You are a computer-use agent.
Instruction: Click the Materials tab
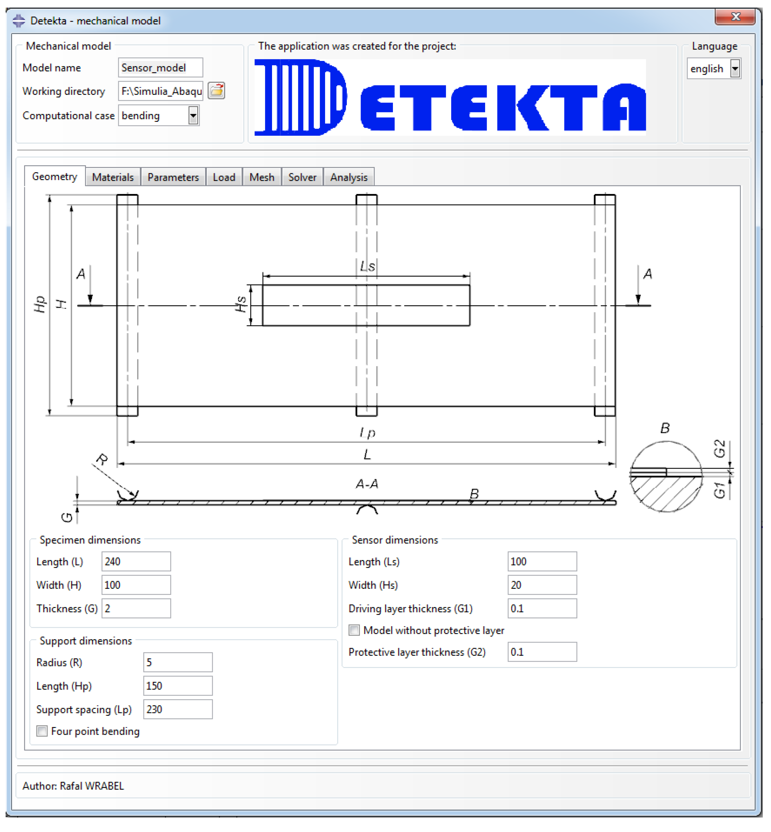pyautogui.click(x=113, y=177)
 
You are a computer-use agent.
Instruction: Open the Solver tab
pyautogui.click(x=302, y=177)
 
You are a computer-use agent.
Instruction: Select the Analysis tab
pyautogui.click(x=348, y=177)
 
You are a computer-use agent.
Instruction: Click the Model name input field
pyautogui.click(x=160, y=68)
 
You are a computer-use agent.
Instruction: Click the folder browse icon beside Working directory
pyautogui.click(x=216, y=91)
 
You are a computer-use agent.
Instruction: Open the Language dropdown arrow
pyautogui.click(x=735, y=69)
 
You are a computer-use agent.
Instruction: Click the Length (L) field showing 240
pyautogui.click(x=136, y=562)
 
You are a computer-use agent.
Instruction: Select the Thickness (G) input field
pyautogui.click(x=136, y=608)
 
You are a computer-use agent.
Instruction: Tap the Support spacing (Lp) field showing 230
pyautogui.click(x=178, y=709)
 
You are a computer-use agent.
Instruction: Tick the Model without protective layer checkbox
pyautogui.click(x=354, y=630)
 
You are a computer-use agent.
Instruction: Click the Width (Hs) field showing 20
pyautogui.click(x=542, y=585)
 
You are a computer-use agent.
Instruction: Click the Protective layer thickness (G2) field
pyautogui.click(x=542, y=652)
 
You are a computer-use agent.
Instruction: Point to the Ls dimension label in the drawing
pyautogui.click(x=367, y=266)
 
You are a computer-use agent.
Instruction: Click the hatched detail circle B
pyautogui.click(x=666, y=477)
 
